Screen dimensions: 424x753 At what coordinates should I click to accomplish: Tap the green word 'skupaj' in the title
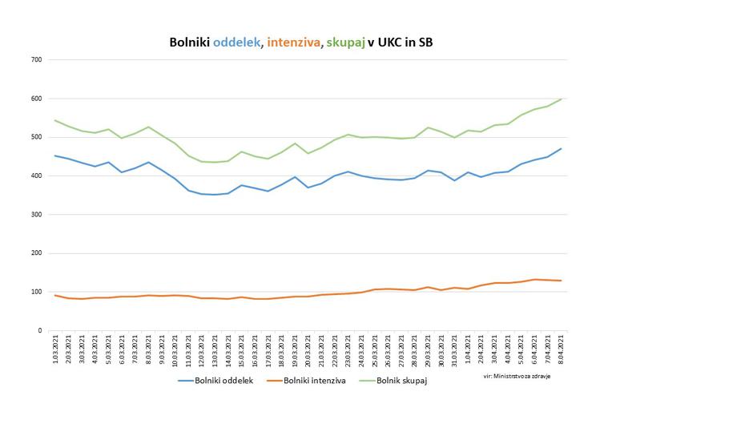[x=344, y=42]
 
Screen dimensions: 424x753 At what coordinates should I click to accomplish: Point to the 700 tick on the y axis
[x=36, y=60]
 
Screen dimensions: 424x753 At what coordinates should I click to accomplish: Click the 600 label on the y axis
[x=36, y=99]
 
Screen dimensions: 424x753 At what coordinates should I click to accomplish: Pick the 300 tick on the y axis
[x=36, y=215]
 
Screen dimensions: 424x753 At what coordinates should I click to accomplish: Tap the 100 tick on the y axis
[x=36, y=292]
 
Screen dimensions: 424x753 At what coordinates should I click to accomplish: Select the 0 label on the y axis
[x=39, y=330]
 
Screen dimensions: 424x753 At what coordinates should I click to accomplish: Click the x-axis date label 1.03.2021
[x=55, y=349]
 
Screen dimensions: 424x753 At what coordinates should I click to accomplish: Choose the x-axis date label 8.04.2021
[x=561, y=349]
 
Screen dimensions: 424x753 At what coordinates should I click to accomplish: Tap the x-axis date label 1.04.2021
[x=468, y=349]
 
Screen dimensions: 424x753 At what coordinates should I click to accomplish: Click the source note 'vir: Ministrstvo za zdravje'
[x=517, y=376]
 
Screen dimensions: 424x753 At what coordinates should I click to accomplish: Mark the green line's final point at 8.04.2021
[x=561, y=99]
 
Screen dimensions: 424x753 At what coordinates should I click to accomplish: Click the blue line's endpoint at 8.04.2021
[x=561, y=148]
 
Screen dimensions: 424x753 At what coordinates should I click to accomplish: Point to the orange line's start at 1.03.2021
[x=54, y=295]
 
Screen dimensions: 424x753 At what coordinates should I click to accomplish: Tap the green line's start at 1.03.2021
[x=54, y=120]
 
